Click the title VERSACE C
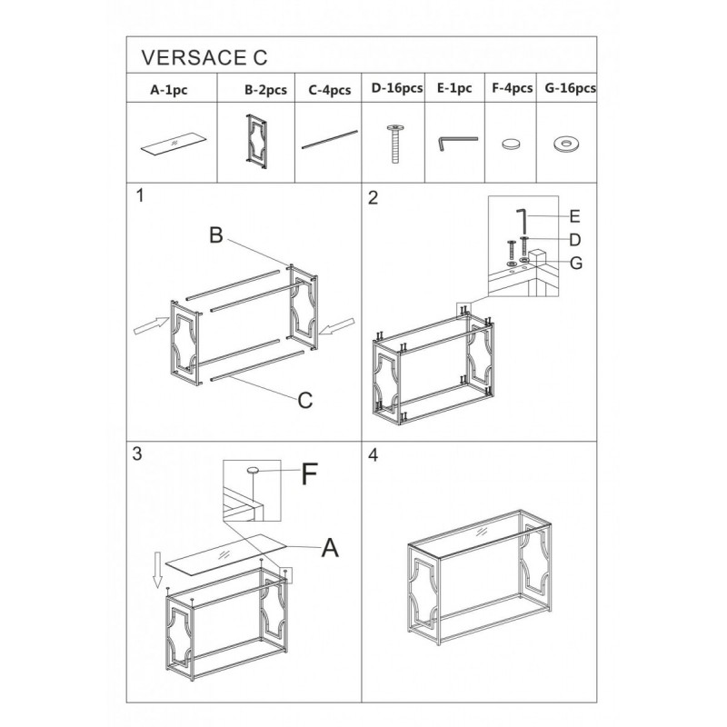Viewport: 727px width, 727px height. click(x=204, y=57)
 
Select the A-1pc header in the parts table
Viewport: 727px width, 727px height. click(x=169, y=89)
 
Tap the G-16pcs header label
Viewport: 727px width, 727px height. click(x=571, y=88)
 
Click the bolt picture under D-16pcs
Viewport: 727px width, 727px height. click(x=394, y=144)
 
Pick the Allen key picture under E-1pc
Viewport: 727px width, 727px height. click(x=457, y=143)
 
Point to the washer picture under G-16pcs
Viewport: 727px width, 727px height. click(x=565, y=144)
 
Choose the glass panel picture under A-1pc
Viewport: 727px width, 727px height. click(x=174, y=144)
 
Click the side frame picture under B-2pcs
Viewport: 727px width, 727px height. click(x=256, y=141)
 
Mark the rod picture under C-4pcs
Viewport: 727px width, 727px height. click(x=330, y=140)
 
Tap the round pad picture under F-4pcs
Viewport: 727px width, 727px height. click(x=511, y=144)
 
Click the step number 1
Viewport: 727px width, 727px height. click(x=141, y=195)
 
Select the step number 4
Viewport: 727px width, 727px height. click(x=373, y=455)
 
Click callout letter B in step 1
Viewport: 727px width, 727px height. click(x=216, y=235)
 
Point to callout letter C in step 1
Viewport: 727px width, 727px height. click(x=305, y=400)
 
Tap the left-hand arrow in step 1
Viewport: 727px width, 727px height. click(x=151, y=324)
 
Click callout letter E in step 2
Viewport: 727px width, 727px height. click(x=574, y=216)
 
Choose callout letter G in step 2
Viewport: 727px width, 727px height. click(x=576, y=263)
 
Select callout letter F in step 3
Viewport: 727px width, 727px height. click(x=309, y=473)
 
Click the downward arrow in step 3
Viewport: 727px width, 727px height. click(x=157, y=571)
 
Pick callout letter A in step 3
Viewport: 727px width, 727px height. click(x=330, y=547)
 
